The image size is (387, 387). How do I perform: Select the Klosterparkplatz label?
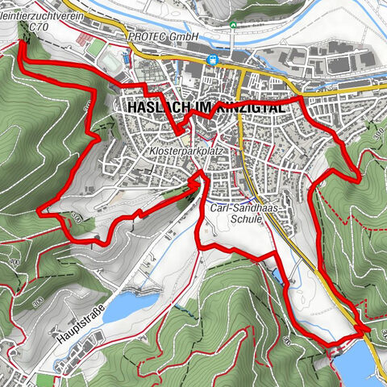(185, 151)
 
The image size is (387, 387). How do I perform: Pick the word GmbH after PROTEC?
(183, 37)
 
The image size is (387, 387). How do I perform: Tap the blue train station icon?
(212, 59)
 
